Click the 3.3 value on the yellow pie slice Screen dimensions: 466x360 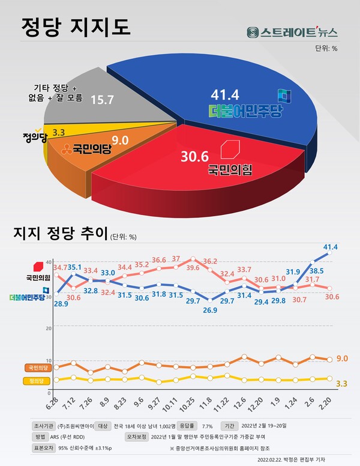pyautogui.click(x=59, y=132)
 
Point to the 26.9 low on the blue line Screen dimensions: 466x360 pyautogui.click(x=209, y=310)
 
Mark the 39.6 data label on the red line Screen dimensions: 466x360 pyautogui.click(x=193, y=268)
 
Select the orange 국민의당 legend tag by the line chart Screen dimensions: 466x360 pyautogui.click(x=37, y=367)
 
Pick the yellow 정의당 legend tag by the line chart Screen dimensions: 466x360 pyautogui.click(x=37, y=380)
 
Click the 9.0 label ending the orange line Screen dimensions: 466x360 pyautogui.click(x=343, y=359)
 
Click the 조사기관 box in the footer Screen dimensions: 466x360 pyautogui.click(x=43, y=425)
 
